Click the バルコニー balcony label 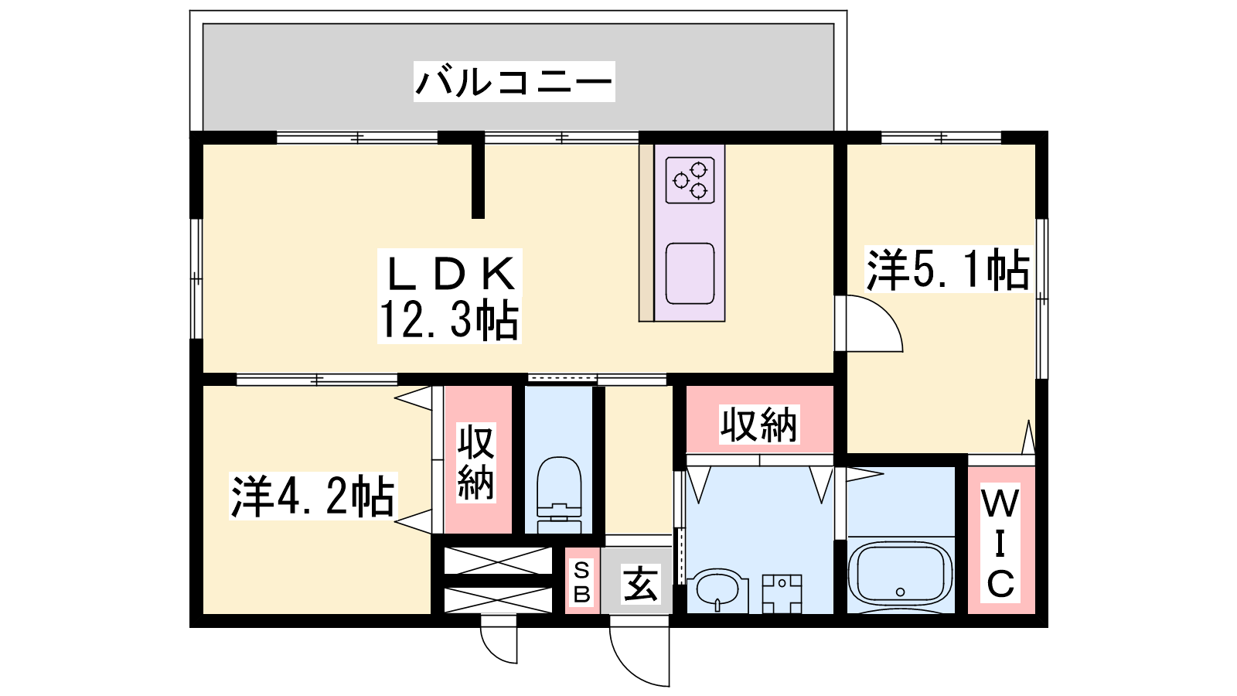(514, 82)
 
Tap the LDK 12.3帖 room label (449, 297)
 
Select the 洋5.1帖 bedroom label (948, 270)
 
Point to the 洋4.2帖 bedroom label (312, 496)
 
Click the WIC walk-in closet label (1000, 544)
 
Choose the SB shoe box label (582, 581)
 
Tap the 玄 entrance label (640, 583)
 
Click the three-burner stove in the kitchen (690, 180)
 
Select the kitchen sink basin (690, 274)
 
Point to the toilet (559, 494)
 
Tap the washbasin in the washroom (717, 590)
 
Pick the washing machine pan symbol (782, 594)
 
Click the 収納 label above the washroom (759, 425)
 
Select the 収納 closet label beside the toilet (476, 463)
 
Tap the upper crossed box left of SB (498, 561)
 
